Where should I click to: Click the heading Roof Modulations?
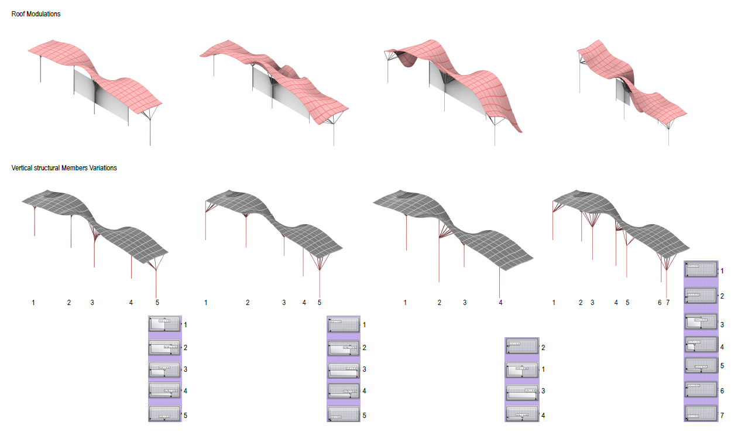pos(36,14)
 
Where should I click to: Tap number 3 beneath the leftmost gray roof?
pos(92,303)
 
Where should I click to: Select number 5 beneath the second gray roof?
pos(320,303)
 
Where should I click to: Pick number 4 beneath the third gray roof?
pos(500,303)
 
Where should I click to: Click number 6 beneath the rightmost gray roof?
pos(660,303)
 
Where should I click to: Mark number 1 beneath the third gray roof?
pos(405,303)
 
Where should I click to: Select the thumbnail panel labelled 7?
pos(701,413)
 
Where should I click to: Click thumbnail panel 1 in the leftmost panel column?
pos(165,324)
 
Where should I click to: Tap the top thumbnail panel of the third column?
pos(521,347)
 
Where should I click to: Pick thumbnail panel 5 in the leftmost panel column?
pos(165,414)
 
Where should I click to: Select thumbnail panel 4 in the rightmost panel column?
pos(701,345)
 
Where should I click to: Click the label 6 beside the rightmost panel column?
pos(722,390)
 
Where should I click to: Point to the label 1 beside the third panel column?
pos(543,369)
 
